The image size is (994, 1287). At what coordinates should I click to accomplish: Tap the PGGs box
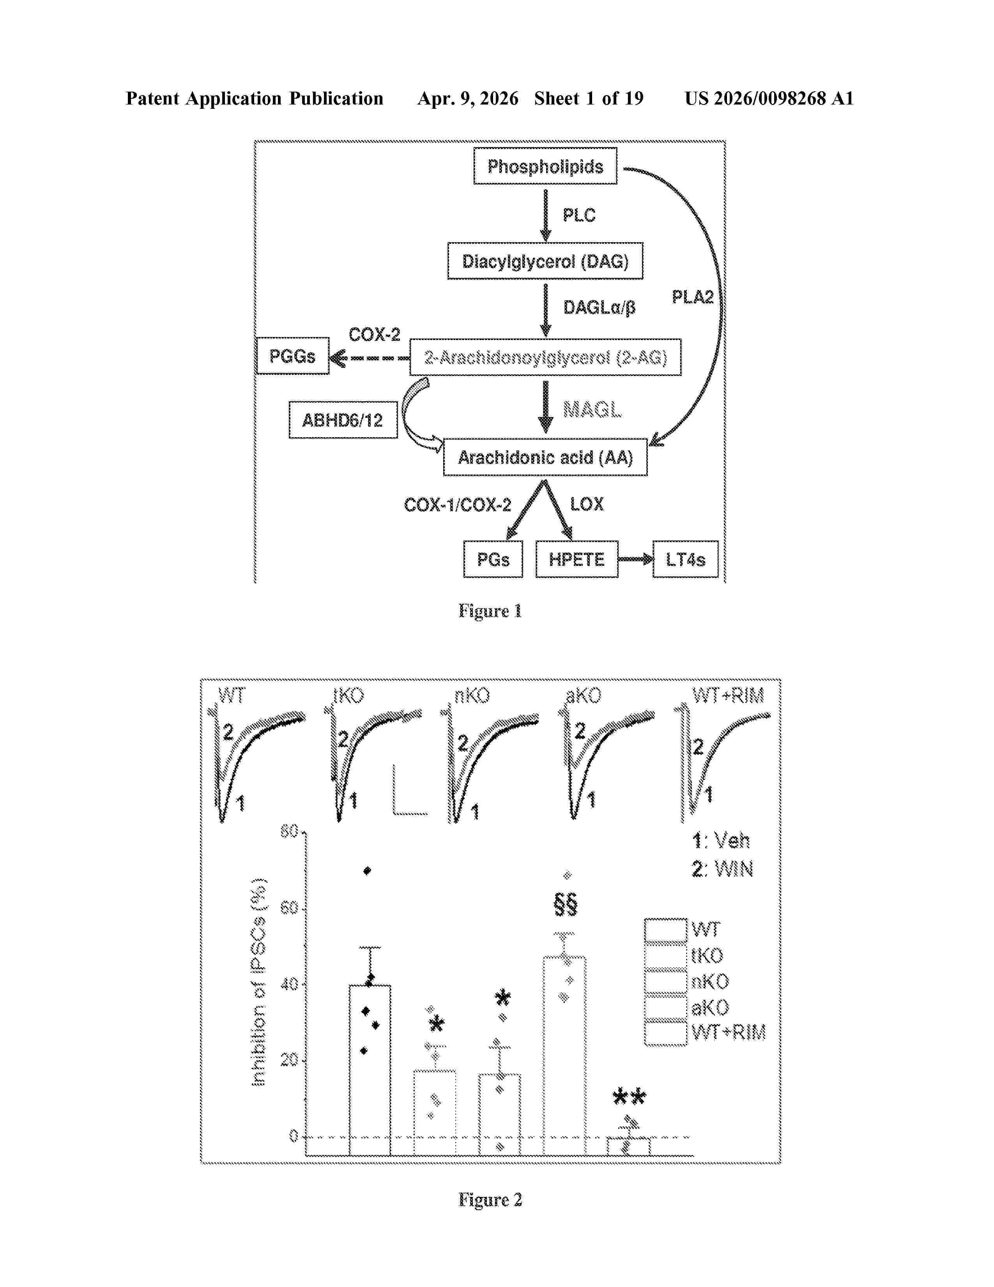click(x=292, y=356)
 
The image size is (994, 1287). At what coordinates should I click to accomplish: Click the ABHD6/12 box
click(x=342, y=420)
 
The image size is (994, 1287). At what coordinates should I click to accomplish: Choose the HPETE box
click(x=577, y=559)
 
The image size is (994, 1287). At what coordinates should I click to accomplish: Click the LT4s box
click(x=685, y=559)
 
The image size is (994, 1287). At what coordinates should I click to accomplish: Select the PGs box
click(x=492, y=559)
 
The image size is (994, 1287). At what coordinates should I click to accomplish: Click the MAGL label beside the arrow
click(x=592, y=409)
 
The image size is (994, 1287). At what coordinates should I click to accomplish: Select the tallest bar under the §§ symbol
click(x=564, y=1055)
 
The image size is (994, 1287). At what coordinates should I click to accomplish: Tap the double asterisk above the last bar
click(x=629, y=1097)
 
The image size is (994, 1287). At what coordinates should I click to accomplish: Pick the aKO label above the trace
click(x=583, y=696)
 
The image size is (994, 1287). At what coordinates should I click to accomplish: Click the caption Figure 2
click(x=490, y=1200)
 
